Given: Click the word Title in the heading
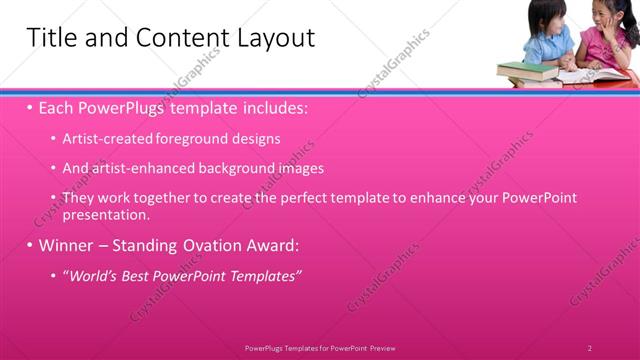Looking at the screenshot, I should pyautogui.click(x=49, y=38).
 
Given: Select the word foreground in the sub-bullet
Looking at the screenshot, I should pyautogui.click(x=191, y=139).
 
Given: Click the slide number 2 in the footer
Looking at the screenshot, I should pyautogui.click(x=590, y=348).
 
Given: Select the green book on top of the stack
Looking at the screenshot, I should pyautogui.click(x=526, y=68).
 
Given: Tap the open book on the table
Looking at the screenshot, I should pyautogui.click(x=585, y=76).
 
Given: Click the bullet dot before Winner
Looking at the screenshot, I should pyautogui.click(x=30, y=245).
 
